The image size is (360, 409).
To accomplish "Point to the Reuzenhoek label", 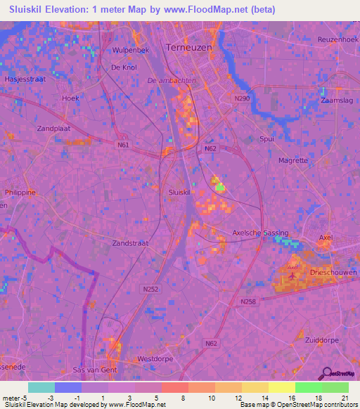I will tap(337, 39).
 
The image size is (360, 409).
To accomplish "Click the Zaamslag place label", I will tap(335, 102).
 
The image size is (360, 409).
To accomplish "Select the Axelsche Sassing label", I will tap(260, 232).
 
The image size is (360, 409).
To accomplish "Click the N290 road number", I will tap(242, 99).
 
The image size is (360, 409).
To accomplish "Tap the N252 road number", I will tap(150, 289).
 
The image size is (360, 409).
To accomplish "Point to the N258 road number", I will tap(247, 301).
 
